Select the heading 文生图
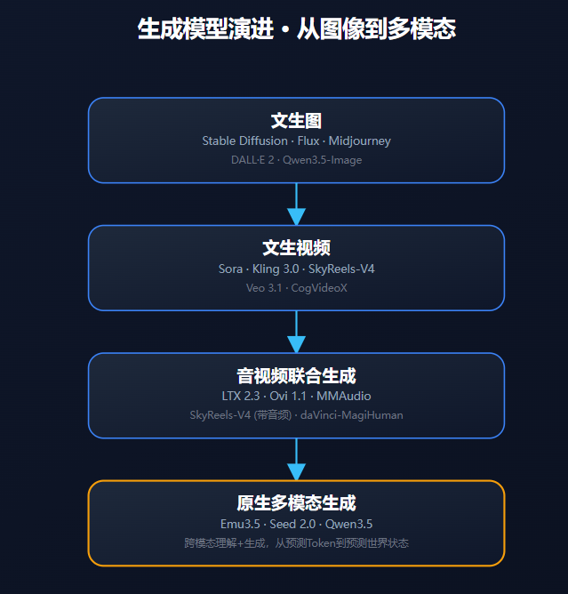pyautogui.click(x=296, y=121)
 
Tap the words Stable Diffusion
pyautogui.click(x=244, y=140)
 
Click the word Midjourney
pyautogui.click(x=359, y=140)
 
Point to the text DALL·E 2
pyautogui.click(x=252, y=160)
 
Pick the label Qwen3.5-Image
pyautogui.click(x=323, y=160)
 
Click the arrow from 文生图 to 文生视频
pyautogui.click(x=296, y=205)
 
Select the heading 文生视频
pyautogui.click(x=296, y=248)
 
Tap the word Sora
pyautogui.click(x=230, y=269)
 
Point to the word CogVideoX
pyautogui.click(x=318, y=288)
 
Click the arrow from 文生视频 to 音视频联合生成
pyautogui.click(x=296, y=332)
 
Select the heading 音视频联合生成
pyautogui.click(x=296, y=376)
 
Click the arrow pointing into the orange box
pyautogui.click(x=296, y=460)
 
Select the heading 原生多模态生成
pyautogui.click(x=296, y=503)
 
